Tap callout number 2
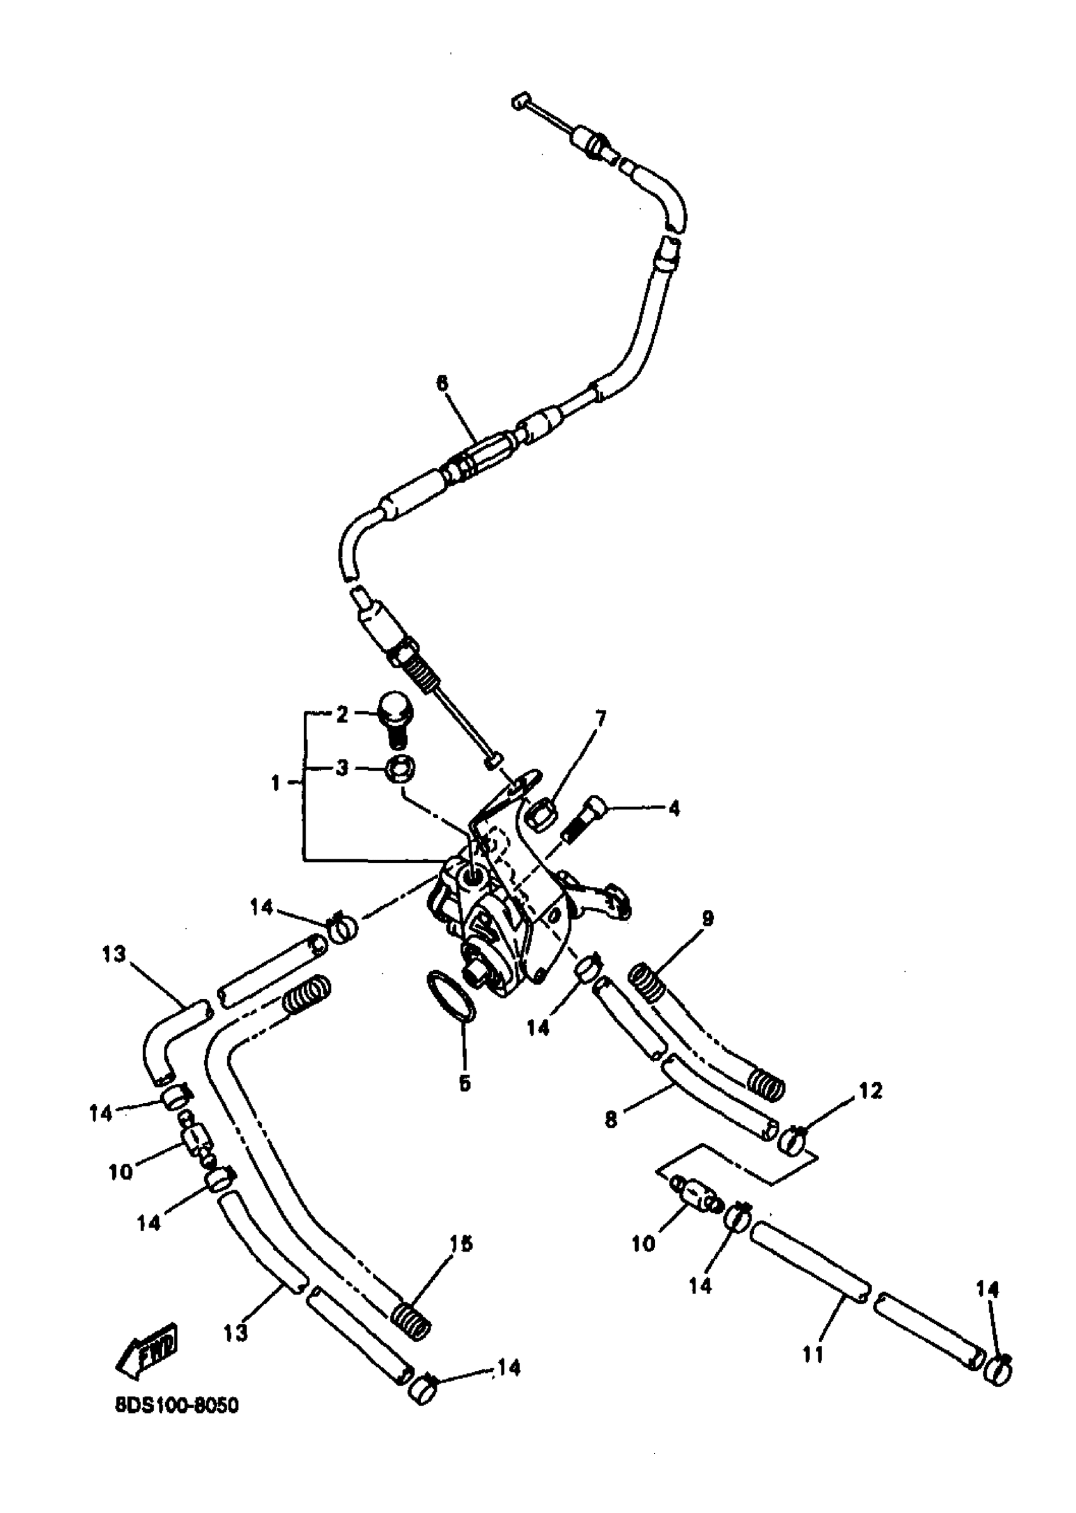342,715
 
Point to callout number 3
342,769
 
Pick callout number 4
674,809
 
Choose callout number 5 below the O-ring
465,1085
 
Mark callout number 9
708,919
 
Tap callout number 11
813,1355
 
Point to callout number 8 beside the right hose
611,1120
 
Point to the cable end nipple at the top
520,101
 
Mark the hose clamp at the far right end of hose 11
997,1370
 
